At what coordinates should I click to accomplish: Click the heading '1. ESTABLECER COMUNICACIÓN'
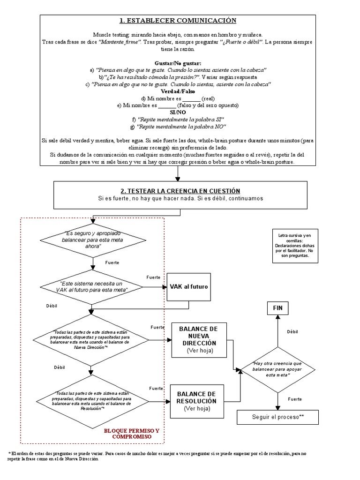click(x=178, y=21)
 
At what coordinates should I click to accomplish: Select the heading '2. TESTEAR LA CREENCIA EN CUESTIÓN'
click(x=180, y=191)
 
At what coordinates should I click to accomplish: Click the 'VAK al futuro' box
click(x=188, y=287)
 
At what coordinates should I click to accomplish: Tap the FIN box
click(x=277, y=308)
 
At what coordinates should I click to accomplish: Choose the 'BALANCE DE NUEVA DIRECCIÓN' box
click(x=199, y=340)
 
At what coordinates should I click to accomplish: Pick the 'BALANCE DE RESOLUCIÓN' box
click(x=197, y=401)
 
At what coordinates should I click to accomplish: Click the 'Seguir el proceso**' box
click(x=277, y=417)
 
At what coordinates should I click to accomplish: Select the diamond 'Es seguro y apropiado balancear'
click(x=93, y=240)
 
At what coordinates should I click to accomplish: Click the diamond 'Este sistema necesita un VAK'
click(x=91, y=287)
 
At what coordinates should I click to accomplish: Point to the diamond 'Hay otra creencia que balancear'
click(x=277, y=370)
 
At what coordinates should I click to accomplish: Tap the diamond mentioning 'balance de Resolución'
click(x=92, y=401)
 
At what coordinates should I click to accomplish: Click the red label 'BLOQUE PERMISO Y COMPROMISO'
click(x=132, y=434)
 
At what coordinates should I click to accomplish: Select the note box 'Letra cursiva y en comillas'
click(x=295, y=246)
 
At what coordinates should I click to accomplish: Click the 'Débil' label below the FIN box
click(x=292, y=332)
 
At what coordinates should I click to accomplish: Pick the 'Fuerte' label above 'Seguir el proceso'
click(x=295, y=399)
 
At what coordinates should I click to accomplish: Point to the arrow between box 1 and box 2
click(x=178, y=173)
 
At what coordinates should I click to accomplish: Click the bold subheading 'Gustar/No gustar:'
click(x=178, y=63)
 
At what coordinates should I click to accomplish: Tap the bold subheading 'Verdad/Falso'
click(x=178, y=91)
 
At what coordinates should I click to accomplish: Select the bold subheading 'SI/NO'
click(x=178, y=112)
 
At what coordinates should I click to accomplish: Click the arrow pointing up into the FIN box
click(x=277, y=331)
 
